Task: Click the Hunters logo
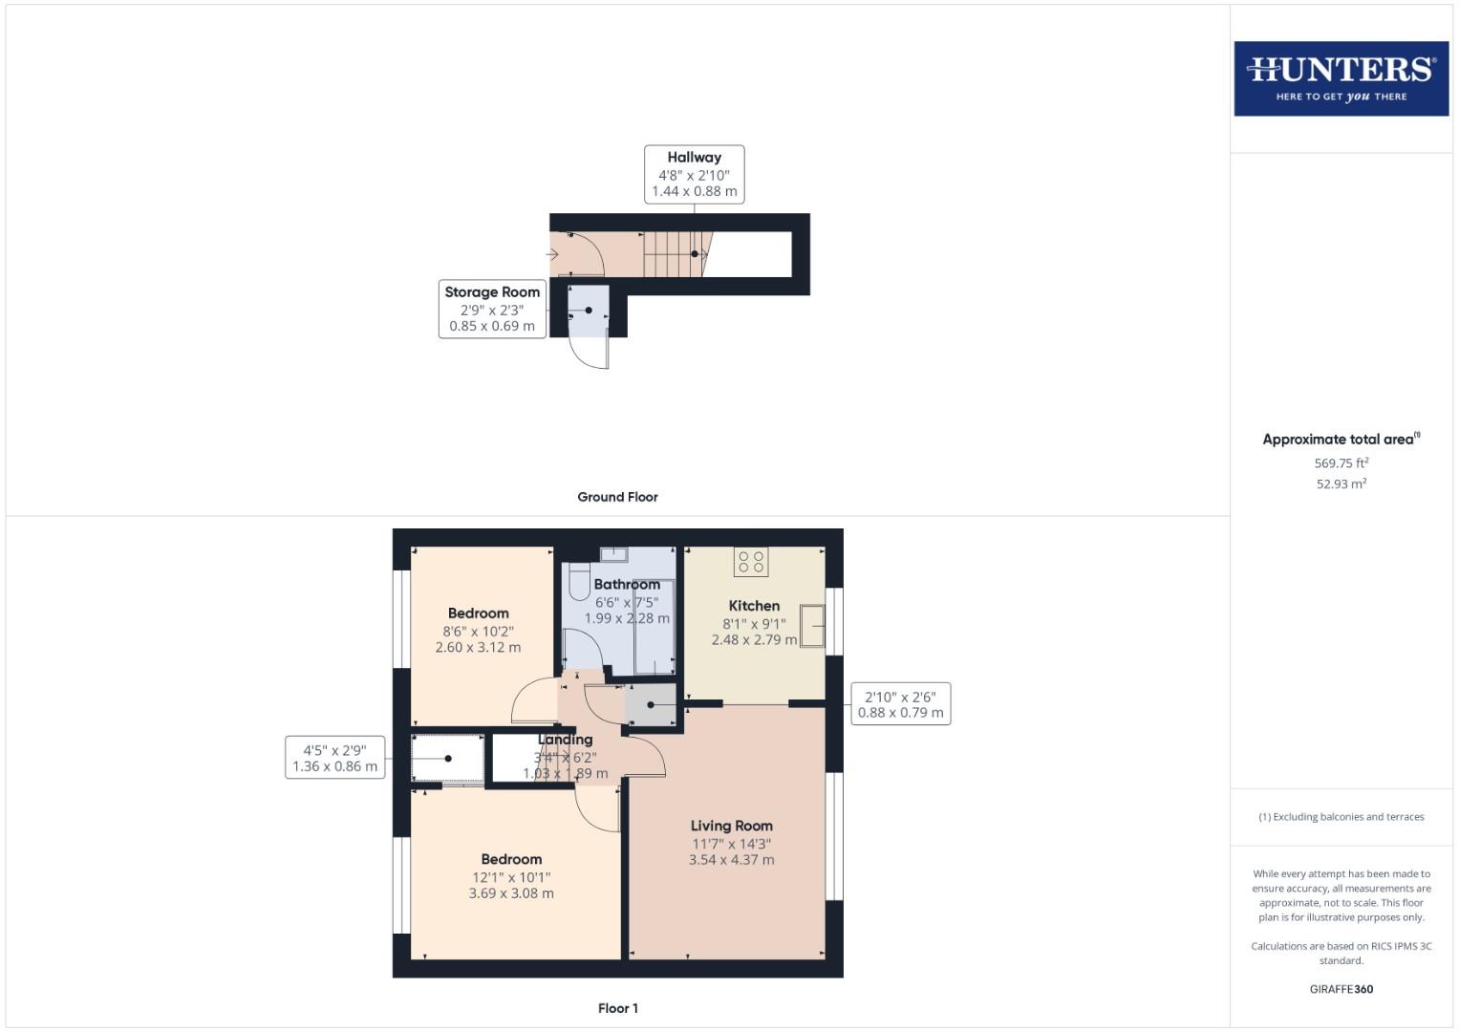coord(1341,78)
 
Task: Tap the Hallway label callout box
coord(694,174)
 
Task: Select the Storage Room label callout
coord(492,309)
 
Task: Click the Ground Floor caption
coord(617,497)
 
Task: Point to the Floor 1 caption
coord(617,1008)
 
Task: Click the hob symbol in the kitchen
coord(751,562)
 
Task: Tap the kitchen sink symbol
coord(812,627)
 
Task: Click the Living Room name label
coord(731,826)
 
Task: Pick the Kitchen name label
coord(754,606)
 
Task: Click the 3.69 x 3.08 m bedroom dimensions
coord(511,893)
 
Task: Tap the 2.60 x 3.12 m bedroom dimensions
coord(478,647)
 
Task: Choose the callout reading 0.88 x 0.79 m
coord(900,704)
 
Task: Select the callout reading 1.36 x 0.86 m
coord(334,758)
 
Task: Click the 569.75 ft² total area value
coord(1341,463)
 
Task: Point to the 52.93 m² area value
coord(1341,484)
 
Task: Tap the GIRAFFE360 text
coord(1341,989)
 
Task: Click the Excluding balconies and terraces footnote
coord(1341,817)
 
